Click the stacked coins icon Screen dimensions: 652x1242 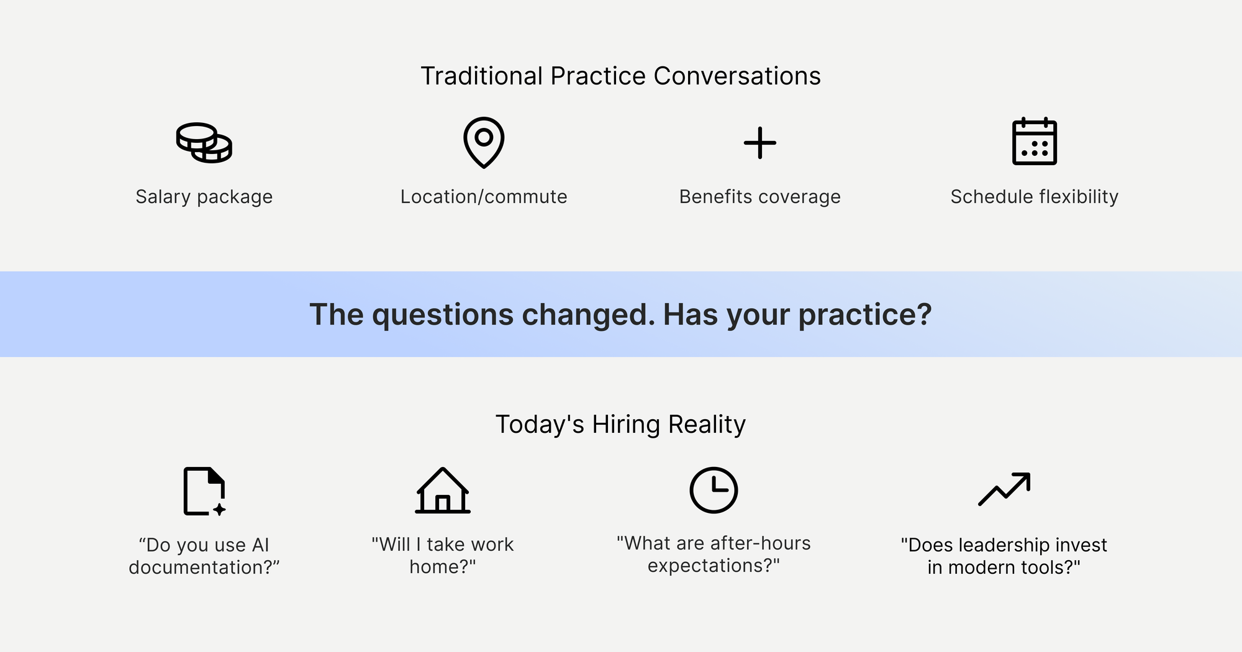(204, 143)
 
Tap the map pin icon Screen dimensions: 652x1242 (484, 142)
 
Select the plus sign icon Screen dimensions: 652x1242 (759, 143)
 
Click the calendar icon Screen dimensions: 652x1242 (1034, 142)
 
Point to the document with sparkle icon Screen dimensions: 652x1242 (204, 491)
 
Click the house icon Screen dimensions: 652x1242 (442, 491)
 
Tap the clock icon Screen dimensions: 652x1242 (714, 490)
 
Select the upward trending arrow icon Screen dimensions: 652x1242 (1004, 489)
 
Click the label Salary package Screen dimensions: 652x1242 (204, 197)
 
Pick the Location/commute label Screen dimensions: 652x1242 (484, 197)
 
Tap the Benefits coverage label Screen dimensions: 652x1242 (759, 197)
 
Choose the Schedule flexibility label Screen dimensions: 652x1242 (1034, 197)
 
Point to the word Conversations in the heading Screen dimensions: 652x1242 (737, 76)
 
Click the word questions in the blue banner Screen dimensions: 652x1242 (442, 315)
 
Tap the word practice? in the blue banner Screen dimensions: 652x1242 (864, 315)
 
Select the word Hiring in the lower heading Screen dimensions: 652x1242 (626, 425)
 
